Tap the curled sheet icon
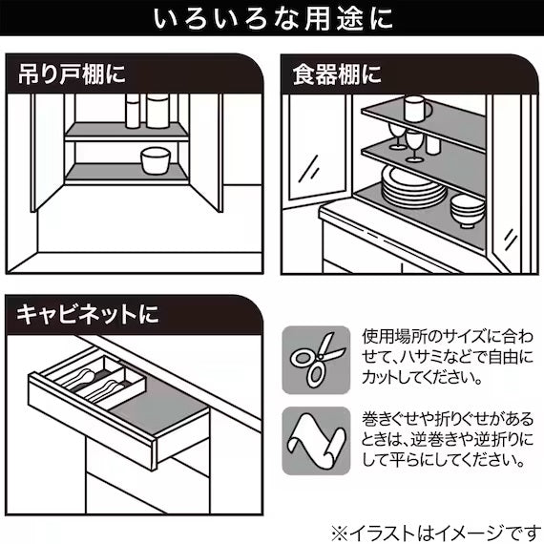pyautogui.click(x=316, y=438)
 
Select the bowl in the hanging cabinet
pyautogui.click(x=154, y=160)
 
